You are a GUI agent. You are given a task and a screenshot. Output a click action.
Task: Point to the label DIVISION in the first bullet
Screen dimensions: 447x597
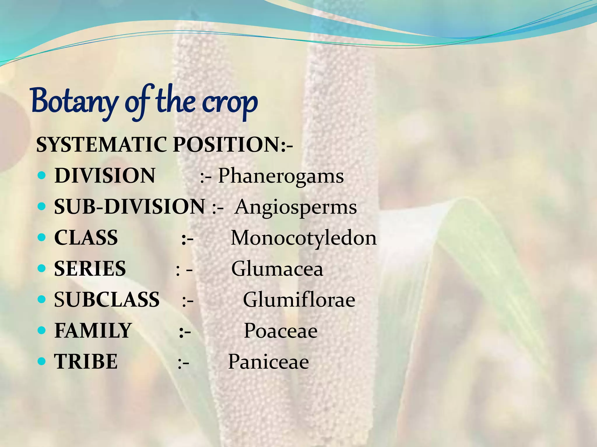[x=105, y=176]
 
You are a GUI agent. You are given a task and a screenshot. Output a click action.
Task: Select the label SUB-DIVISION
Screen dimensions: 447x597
[x=129, y=207]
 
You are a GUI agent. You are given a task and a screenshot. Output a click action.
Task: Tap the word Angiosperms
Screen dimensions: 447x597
[x=296, y=207]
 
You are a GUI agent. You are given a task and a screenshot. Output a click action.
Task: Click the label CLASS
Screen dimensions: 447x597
[x=86, y=238]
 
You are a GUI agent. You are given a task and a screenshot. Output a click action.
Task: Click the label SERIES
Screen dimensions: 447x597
[x=90, y=269]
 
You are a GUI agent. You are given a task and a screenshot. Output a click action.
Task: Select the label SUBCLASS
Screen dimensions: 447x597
[x=107, y=300]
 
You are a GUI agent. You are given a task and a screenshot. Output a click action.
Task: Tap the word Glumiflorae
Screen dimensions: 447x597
[x=299, y=300]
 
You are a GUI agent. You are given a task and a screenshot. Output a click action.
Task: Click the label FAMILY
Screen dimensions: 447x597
[x=93, y=331]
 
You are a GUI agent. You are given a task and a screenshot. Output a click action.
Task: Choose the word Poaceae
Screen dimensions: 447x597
[x=280, y=331]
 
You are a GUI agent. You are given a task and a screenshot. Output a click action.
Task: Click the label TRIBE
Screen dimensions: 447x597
[x=86, y=362]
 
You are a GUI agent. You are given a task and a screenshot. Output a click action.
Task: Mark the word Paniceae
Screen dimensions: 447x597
[x=268, y=362]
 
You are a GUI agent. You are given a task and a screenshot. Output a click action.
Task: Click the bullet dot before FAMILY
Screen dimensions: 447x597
[x=42, y=331]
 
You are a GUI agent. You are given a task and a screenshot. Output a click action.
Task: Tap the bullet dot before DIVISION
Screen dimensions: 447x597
[x=42, y=175]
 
